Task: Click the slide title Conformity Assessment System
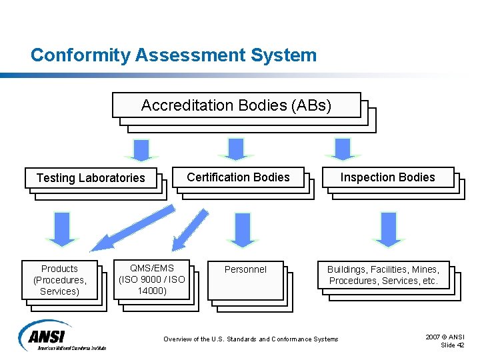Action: (x=173, y=55)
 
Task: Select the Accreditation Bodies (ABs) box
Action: (x=236, y=105)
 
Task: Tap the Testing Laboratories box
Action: (x=91, y=178)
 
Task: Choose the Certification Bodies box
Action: (x=238, y=177)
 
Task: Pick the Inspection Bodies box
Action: (x=387, y=177)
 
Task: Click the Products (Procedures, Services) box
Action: (x=59, y=279)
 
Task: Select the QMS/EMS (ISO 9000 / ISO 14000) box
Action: (x=151, y=279)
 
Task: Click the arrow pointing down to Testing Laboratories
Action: (x=141, y=149)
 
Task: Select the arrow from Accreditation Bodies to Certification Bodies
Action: (x=236, y=149)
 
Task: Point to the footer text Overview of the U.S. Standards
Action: (x=251, y=339)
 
